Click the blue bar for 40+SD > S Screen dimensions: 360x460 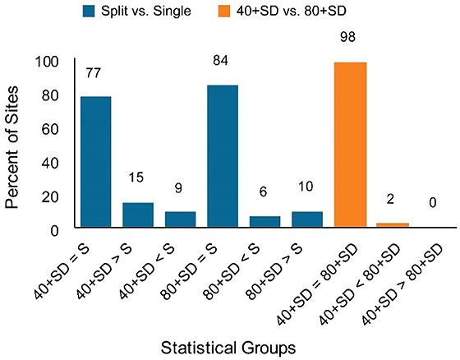coord(138,215)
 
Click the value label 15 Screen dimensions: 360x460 coord(138,178)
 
